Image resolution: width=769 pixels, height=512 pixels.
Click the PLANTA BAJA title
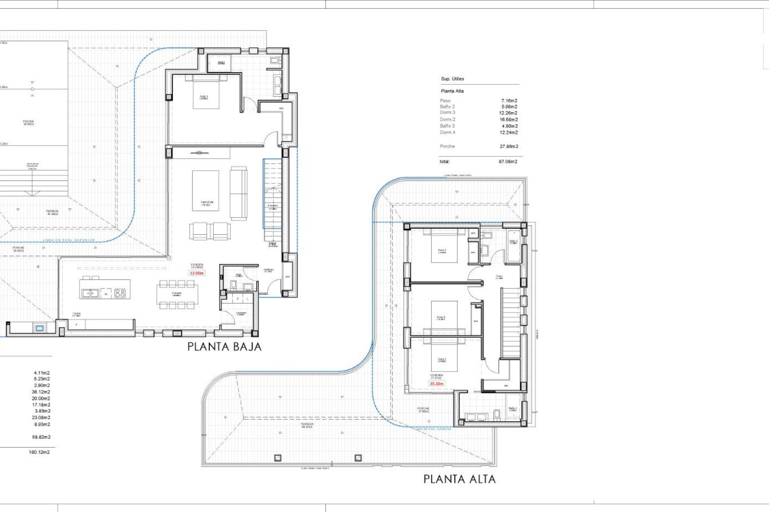click(x=224, y=346)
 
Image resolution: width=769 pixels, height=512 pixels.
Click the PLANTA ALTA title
click(x=459, y=479)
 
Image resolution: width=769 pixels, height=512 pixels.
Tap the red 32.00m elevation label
click(x=197, y=273)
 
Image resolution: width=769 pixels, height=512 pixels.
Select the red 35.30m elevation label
click(x=437, y=384)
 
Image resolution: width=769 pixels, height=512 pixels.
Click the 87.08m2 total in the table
click(x=508, y=162)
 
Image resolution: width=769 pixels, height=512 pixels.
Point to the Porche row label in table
click(x=447, y=146)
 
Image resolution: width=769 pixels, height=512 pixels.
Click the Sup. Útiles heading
click(x=453, y=79)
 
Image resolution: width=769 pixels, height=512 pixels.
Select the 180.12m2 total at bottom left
click(x=39, y=452)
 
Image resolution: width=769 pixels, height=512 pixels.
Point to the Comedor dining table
click(x=177, y=294)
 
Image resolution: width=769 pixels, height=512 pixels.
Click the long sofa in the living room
click(x=238, y=193)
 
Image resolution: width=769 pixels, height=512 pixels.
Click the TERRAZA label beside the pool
click(x=52, y=212)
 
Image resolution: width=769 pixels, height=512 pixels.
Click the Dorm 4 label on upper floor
click(x=441, y=318)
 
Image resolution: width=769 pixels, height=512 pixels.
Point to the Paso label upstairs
click(x=499, y=277)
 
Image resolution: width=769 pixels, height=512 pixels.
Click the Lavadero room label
click(x=241, y=314)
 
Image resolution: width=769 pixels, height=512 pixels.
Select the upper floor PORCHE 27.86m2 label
click(x=423, y=410)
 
